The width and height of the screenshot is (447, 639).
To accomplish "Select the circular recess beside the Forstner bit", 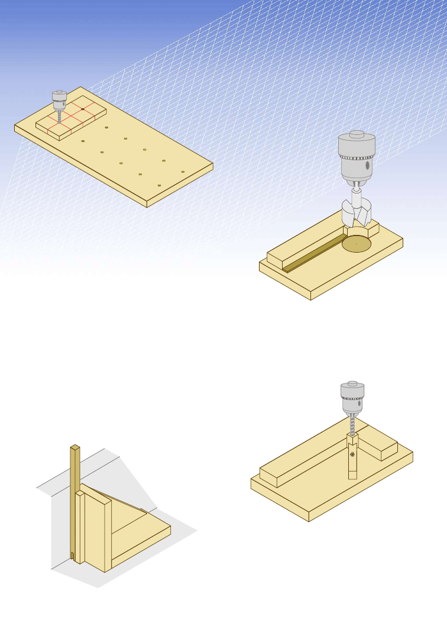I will [x=357, y=243].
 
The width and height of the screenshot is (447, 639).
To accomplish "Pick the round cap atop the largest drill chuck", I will [x=356, y=134].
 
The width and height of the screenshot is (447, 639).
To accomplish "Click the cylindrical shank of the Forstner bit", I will [x=357, y=196].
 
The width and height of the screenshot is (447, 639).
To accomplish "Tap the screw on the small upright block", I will [x=352, y=454].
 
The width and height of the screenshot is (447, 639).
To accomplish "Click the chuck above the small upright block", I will [x=352, y=398].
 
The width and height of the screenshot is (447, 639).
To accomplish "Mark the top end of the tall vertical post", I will [x=75, y=447].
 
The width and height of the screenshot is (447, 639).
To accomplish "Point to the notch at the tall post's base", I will [x=72, y=556].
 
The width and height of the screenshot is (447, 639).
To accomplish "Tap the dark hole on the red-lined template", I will [x=82, y=109].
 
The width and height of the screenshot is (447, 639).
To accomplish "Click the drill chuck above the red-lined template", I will [x=59, y=98].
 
